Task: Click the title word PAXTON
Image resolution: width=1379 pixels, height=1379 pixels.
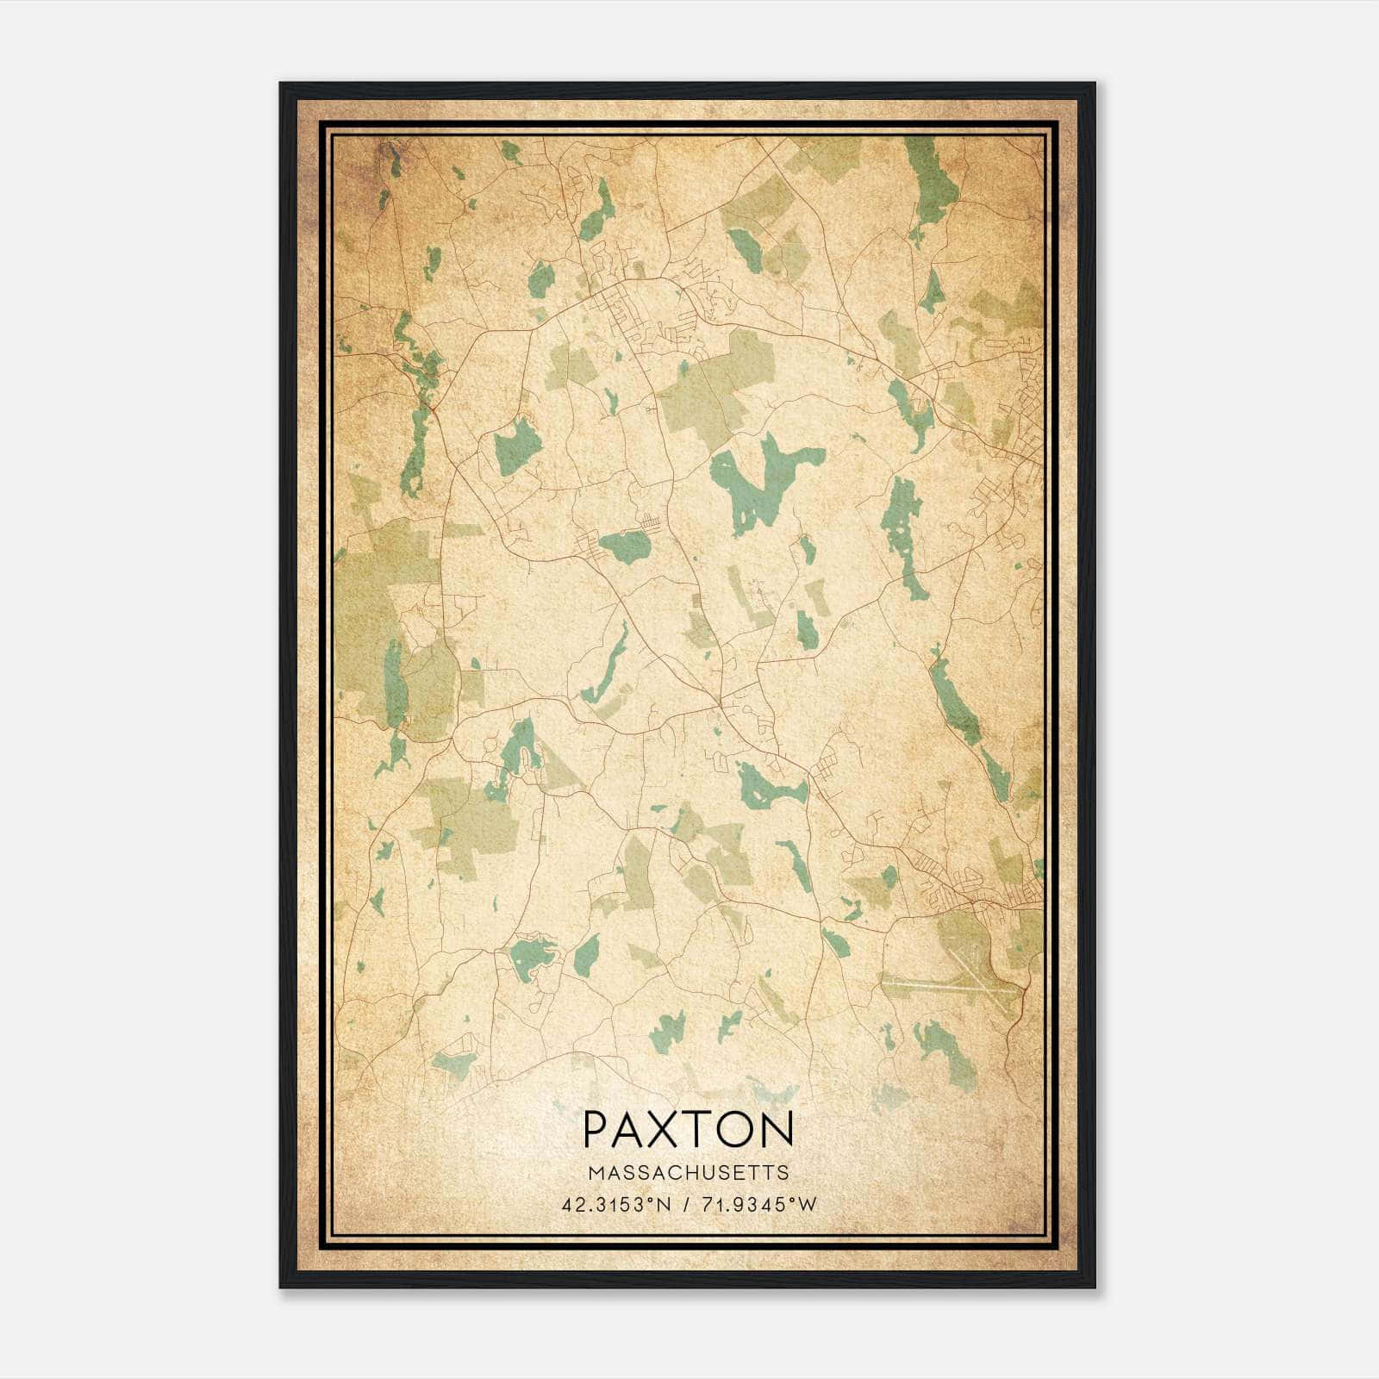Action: point(688,1128)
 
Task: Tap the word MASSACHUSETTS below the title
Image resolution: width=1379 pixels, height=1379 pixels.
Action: point(689,1172)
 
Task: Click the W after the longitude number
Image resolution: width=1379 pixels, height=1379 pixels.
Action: point(808,1205)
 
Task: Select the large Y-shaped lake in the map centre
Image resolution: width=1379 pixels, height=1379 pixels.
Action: point(758,483)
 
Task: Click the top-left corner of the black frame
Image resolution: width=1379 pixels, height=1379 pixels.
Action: point(282,84)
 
